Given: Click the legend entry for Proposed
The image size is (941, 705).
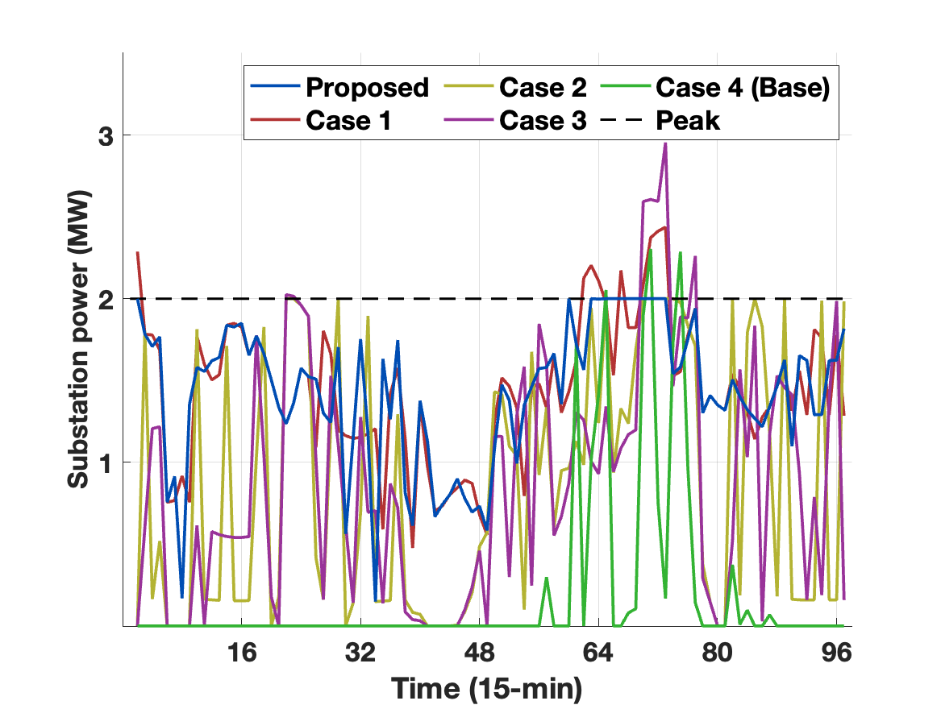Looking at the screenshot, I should [367, 87].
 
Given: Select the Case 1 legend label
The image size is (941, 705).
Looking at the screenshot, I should [349, 121].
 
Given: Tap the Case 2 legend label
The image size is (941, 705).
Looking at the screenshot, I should [543, 87].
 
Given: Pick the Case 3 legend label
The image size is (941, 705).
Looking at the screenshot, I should [543, 121].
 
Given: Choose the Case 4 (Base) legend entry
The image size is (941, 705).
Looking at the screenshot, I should [743, 87].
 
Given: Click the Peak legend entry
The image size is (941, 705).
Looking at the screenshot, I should [688, 121].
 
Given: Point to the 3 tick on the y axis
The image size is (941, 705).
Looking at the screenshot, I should [105, 135].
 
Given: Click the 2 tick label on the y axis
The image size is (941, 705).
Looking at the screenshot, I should [105, 299].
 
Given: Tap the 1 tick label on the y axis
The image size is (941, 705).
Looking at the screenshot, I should [105, 462].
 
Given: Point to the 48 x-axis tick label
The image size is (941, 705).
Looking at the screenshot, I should [480, 652].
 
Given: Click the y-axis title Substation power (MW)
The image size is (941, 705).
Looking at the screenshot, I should [78, 340].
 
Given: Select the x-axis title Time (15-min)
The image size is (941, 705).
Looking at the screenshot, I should [486, 687].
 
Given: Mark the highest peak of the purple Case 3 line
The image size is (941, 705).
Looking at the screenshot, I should [665, 143].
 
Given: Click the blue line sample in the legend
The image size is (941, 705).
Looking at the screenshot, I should [274, 87].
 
